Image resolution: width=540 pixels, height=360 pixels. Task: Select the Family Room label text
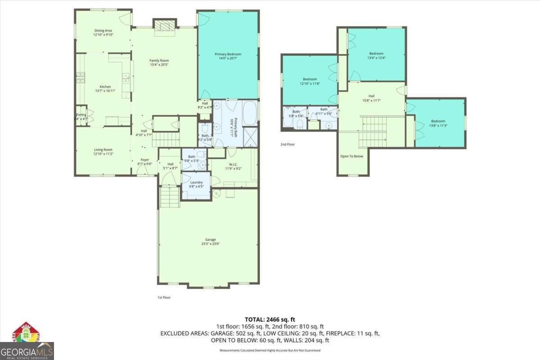159,63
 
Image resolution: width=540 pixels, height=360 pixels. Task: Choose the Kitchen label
105,89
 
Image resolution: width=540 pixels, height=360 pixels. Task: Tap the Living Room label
103,152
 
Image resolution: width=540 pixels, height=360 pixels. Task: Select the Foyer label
144,162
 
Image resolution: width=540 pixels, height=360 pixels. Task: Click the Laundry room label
197,184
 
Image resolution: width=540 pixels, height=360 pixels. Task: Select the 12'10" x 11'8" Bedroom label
310,81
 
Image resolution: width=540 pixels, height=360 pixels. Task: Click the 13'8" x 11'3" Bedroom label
438,123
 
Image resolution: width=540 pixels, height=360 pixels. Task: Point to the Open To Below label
352,157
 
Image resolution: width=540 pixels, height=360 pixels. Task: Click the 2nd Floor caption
288,144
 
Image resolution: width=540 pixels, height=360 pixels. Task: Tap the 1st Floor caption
164,297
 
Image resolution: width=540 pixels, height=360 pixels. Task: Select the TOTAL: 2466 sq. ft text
270,319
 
